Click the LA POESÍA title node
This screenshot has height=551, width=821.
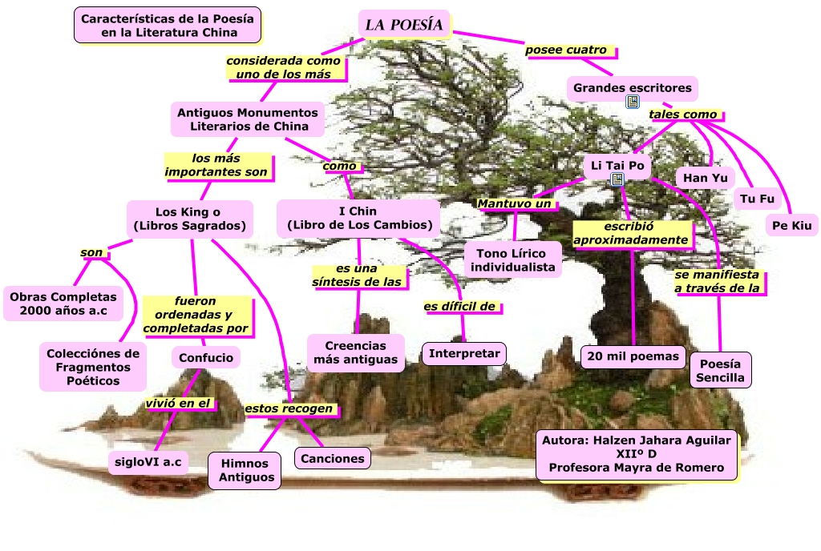(x=404, y=25)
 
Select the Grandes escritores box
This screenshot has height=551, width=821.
(x=633, y=87)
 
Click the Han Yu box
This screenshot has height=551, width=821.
(x=705, y=177)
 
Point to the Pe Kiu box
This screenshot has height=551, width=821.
(x=792, y=225)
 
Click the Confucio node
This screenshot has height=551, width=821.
(x=206, y=357)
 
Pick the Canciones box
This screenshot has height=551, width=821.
(x=334, y=458)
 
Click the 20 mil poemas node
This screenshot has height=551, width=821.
(x=633, y=356)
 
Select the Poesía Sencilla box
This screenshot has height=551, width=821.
(x=720, y=370)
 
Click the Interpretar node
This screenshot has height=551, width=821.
(x=464, y=353)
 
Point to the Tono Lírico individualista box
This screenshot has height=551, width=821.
(x=513, y=260)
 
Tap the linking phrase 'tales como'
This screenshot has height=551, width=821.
(x=683, y=115)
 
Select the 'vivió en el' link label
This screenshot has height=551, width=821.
(x=180, y=404)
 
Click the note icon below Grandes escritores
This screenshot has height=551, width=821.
(x=633, y=102)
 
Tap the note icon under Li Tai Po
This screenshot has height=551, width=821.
(x=617, y=179)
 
